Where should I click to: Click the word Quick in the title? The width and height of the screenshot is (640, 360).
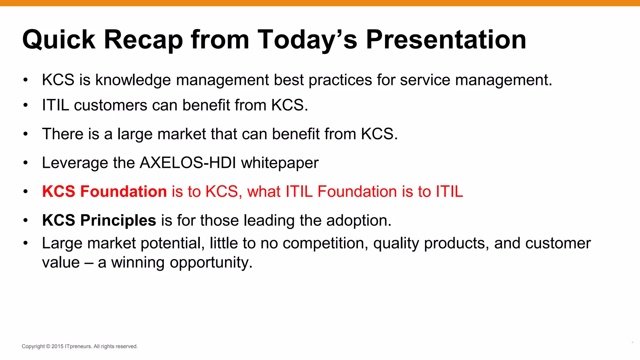tap(59, 40)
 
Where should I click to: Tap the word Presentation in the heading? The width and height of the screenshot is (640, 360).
tap(446, 40)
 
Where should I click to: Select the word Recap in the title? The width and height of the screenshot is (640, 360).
tap(143, 40)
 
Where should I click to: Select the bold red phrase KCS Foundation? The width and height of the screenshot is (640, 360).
tap(104, 191)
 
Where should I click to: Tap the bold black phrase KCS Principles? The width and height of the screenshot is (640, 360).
tap(99, 220)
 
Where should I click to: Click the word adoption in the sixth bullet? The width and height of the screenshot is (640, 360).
tap(358, 221)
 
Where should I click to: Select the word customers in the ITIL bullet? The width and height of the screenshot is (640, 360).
tap(110, 105)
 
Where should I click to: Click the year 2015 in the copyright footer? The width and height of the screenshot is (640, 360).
tap(57, 346)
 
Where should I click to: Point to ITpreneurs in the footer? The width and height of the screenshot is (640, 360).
tap(78, 346)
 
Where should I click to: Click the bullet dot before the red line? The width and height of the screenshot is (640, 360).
tap(26, 191)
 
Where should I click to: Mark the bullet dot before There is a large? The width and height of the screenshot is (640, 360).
tap(26, 134)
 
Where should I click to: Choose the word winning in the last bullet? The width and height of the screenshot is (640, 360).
tap(138, 263)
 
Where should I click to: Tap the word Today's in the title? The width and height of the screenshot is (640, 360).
tap(307, 40)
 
